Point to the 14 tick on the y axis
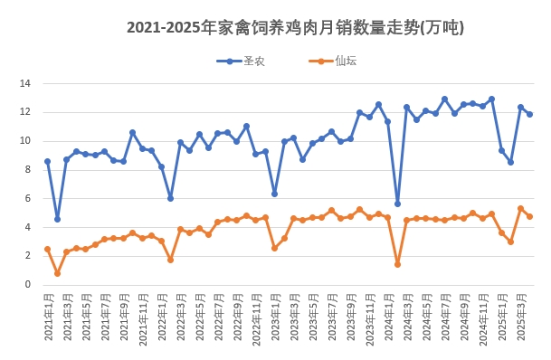(x=25, y=83)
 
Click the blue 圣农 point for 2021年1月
(x=47, y=161)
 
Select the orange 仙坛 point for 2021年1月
(x=47, y=249)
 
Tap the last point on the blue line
(x=529, y=114)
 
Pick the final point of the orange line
(x=529, y=216)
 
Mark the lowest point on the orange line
(x=57, y=273)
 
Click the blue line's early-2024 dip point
(x=397, y=204)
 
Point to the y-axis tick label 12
(x=25, y=112)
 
